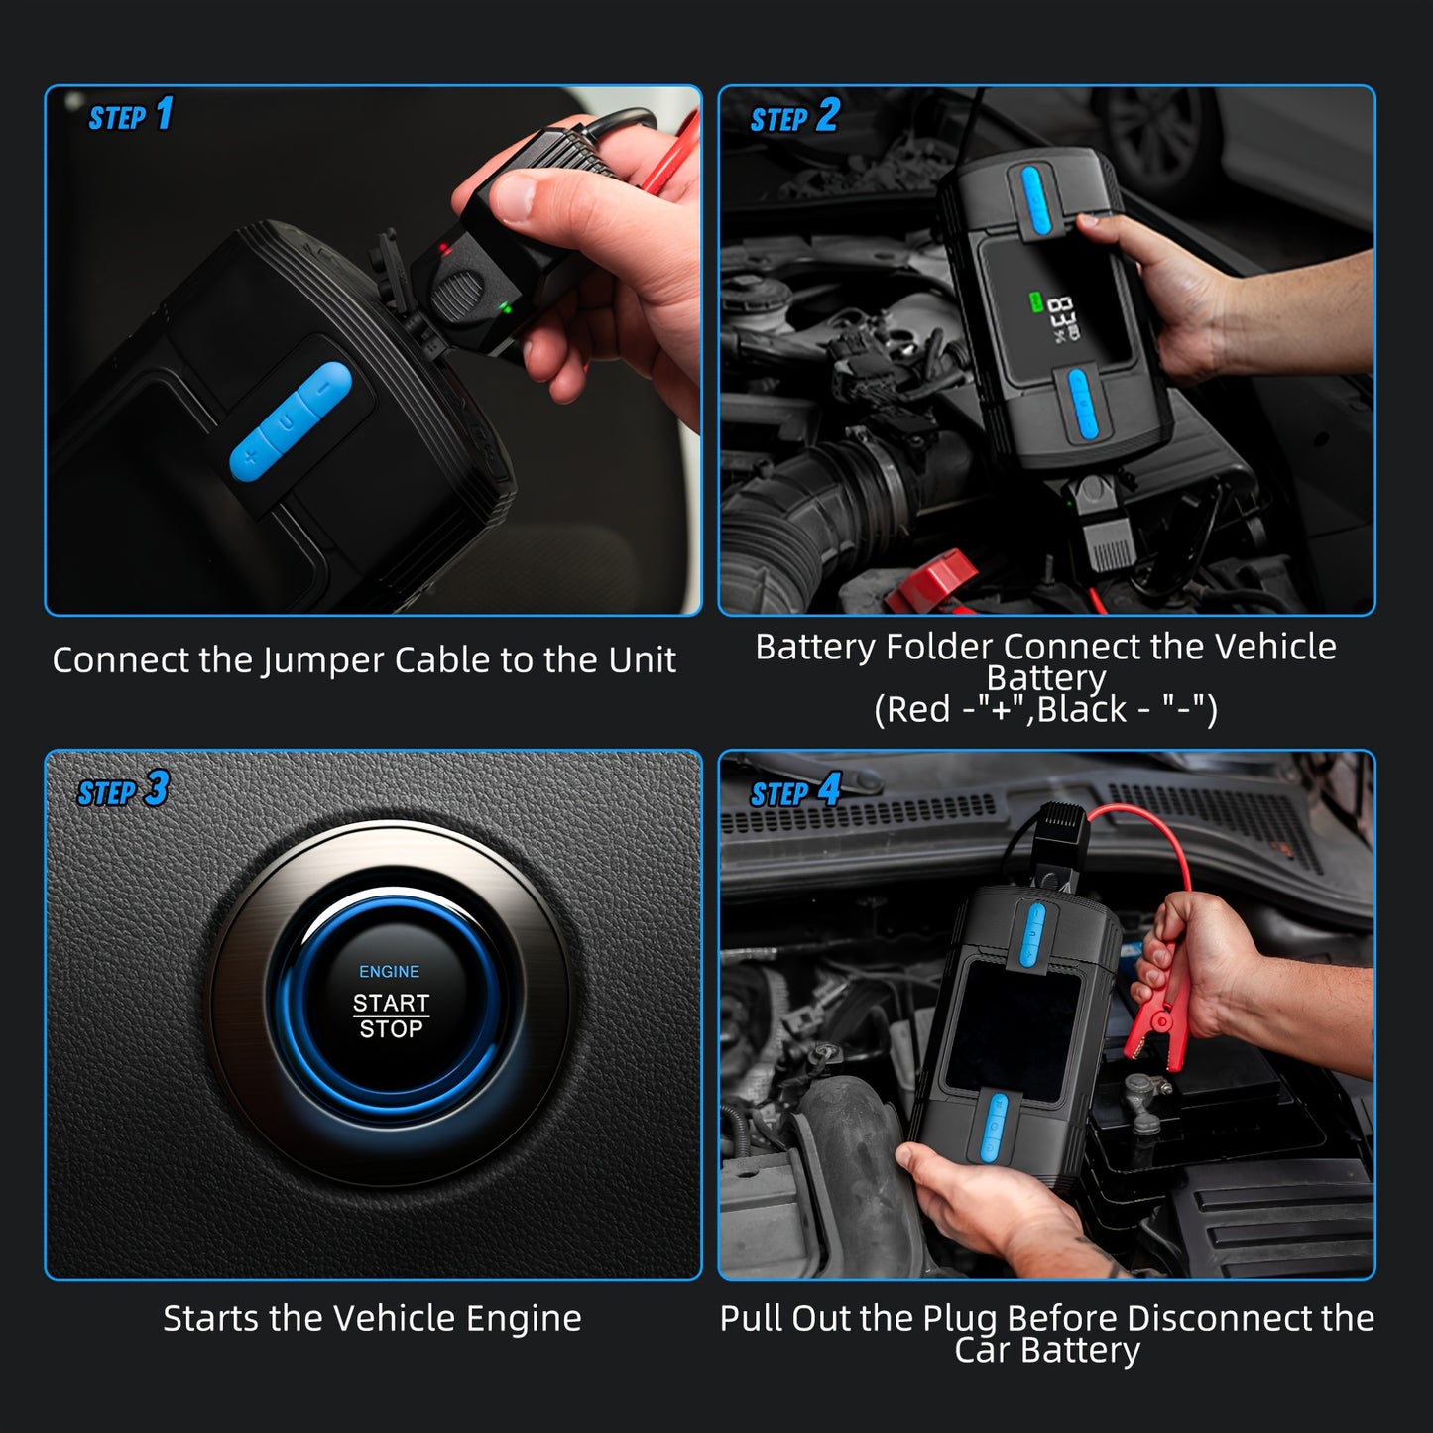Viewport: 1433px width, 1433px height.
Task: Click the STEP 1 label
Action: click(130, 116)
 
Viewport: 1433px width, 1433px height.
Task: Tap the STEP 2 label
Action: click(793, 117)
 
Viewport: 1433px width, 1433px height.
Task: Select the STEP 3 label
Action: click(123, 791)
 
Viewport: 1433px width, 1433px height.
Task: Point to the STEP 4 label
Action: click(794, 792)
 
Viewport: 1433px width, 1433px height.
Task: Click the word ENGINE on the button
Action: click(389, 972)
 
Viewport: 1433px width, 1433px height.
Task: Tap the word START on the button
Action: click(391, 1003)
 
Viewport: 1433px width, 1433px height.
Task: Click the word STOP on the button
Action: click(391, 1030)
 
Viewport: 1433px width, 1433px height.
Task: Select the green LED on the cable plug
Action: click(507, 308)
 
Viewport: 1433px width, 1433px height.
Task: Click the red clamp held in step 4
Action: click(1156, 1012)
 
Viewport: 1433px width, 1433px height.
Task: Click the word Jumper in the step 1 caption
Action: click(323, 660)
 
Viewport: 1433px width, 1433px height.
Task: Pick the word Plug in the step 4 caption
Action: click(960, 1318)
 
